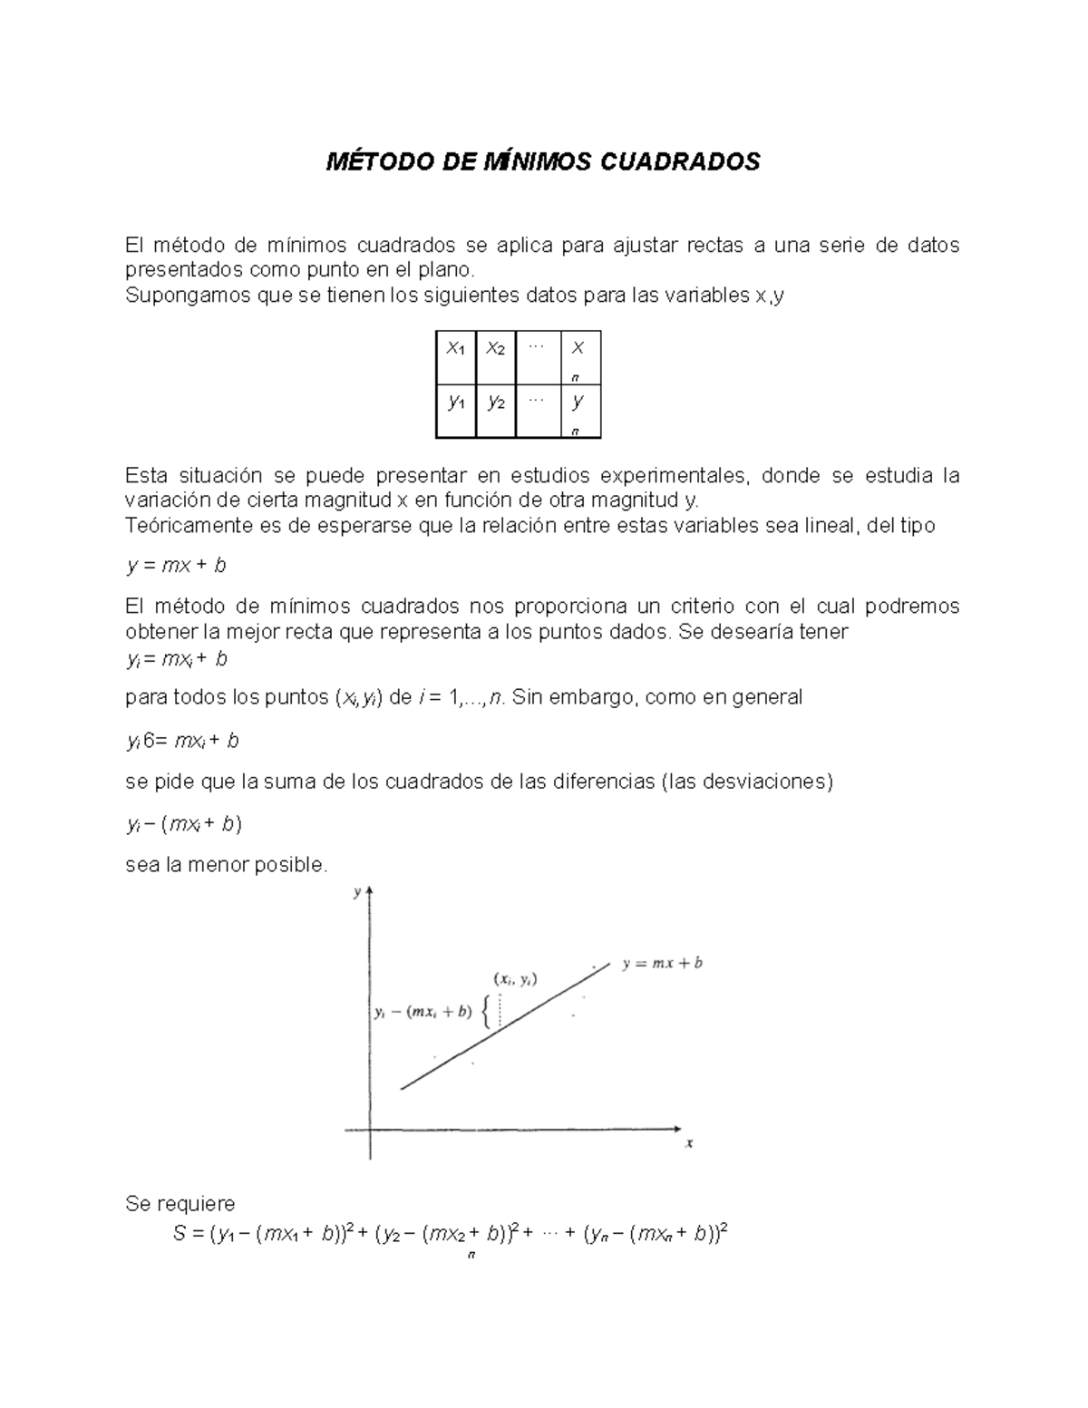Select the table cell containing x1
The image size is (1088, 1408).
pos(455,349)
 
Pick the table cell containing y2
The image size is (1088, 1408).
pos(495,403)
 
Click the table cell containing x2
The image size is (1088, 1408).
pos(495,349)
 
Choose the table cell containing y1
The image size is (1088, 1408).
pos(455,403)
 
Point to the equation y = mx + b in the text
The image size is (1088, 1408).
pos(176,566)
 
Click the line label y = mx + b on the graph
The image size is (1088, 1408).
pos(662,964)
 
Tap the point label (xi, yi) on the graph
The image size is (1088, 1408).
pos(515,979)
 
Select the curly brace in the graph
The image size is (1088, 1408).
pos(488,1012)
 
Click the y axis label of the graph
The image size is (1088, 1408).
pos(357,892)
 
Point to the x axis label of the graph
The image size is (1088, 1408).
pos(689,1143)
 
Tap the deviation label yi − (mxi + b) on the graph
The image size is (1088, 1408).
pos(423,1013)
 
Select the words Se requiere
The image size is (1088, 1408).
pos(180,1204)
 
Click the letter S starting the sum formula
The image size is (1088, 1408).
pos(179,1234)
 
